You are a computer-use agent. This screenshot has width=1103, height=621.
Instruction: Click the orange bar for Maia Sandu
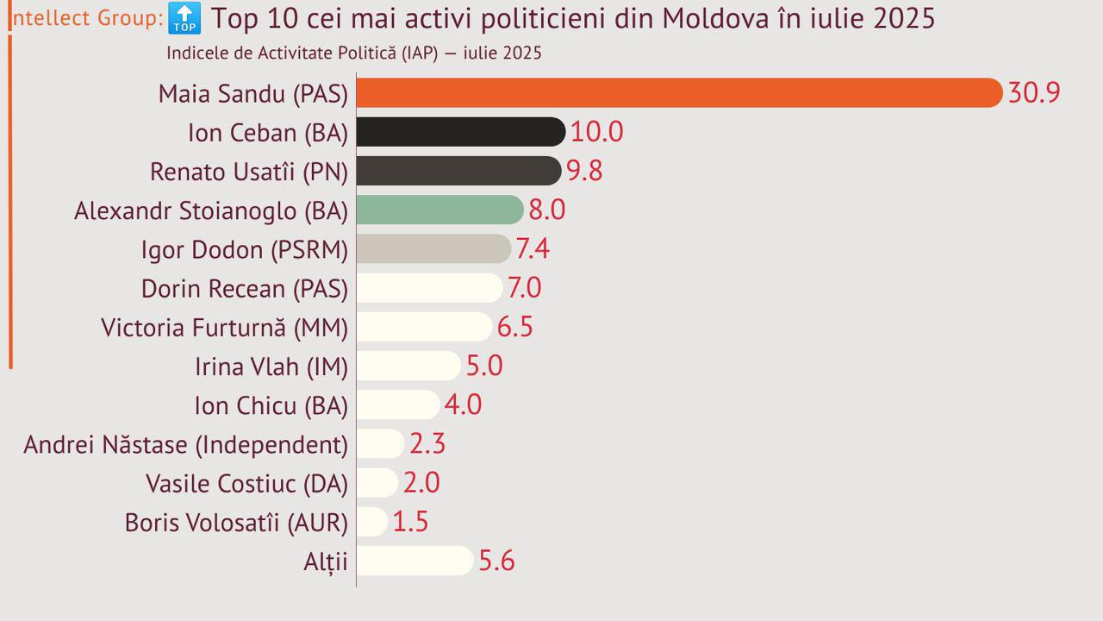coord(679,92)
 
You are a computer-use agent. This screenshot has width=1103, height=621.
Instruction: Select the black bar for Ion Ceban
coord(460,132)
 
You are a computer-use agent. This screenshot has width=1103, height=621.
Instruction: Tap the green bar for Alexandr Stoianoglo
coord(439,210)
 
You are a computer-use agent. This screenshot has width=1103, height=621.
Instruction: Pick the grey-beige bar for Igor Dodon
coord(433,249)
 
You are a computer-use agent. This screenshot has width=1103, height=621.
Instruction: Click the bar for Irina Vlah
coord(408,366)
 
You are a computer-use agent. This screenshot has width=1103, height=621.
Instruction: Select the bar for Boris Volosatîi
coord(372,522)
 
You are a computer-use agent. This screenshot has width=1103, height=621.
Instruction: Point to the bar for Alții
coord(414,561)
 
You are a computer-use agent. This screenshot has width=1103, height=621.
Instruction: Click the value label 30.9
coord(1034,92)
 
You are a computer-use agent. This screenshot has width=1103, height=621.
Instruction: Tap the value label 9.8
coord(584,171)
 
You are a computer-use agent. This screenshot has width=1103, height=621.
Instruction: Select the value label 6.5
coord(515,327)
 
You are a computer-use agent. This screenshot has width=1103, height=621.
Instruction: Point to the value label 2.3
coord(427,443)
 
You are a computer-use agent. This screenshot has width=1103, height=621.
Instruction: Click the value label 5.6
coord(496,561)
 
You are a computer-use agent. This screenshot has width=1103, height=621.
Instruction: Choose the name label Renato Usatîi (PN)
coord(249,172)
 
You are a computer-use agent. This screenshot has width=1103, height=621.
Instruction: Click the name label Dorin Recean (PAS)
coord(245,288)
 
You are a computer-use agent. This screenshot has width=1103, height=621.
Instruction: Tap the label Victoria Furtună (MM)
coord(225,328)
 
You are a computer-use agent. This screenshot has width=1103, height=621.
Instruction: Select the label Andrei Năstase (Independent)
coord(186,444)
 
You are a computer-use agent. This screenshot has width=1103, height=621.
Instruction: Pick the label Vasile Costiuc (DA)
coord(247,483)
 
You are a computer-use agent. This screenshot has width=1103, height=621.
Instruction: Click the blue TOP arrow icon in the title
coord(184,17)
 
